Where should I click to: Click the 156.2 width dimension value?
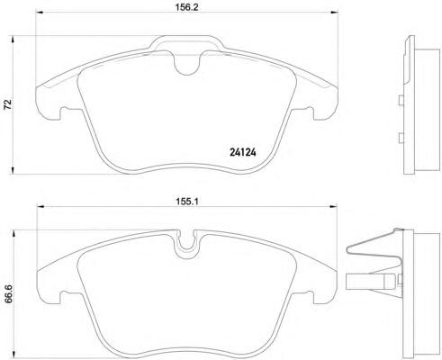coord(186,7)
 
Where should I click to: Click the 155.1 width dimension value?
coord(186,202)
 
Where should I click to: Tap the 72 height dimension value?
coord(7,104)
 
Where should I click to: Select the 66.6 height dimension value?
coord(7,294)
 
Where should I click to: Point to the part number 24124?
coord(243,153)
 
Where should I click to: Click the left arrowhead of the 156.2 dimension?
coord(40,13)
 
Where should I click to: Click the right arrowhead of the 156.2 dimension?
coord(334,13)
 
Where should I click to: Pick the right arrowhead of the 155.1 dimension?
coord(333,206)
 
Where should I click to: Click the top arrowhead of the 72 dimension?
coord(13,40)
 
